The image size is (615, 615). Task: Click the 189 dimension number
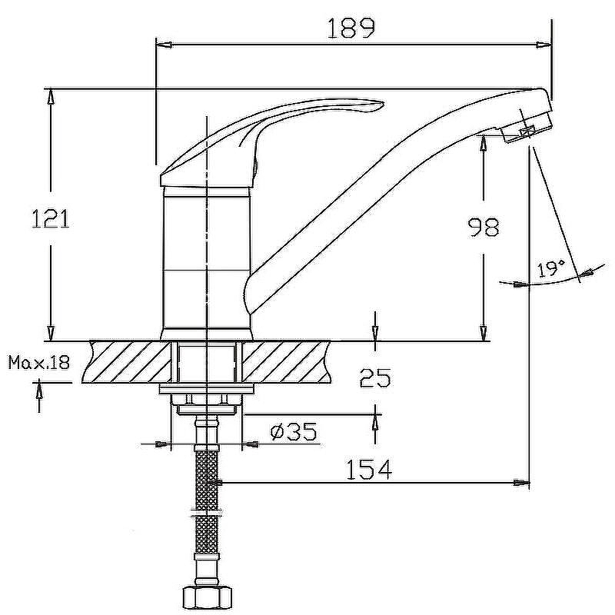pos(351,28)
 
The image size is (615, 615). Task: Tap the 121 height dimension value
pos(50,218)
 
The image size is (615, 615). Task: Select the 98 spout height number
pos(484,227)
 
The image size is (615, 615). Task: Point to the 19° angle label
pos(551,268)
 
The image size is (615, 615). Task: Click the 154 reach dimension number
pos(369,470)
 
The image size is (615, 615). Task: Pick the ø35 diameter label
pos(294,432)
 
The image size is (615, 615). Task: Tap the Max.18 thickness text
pos(39,362)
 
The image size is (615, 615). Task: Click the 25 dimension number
pos(375,377)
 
